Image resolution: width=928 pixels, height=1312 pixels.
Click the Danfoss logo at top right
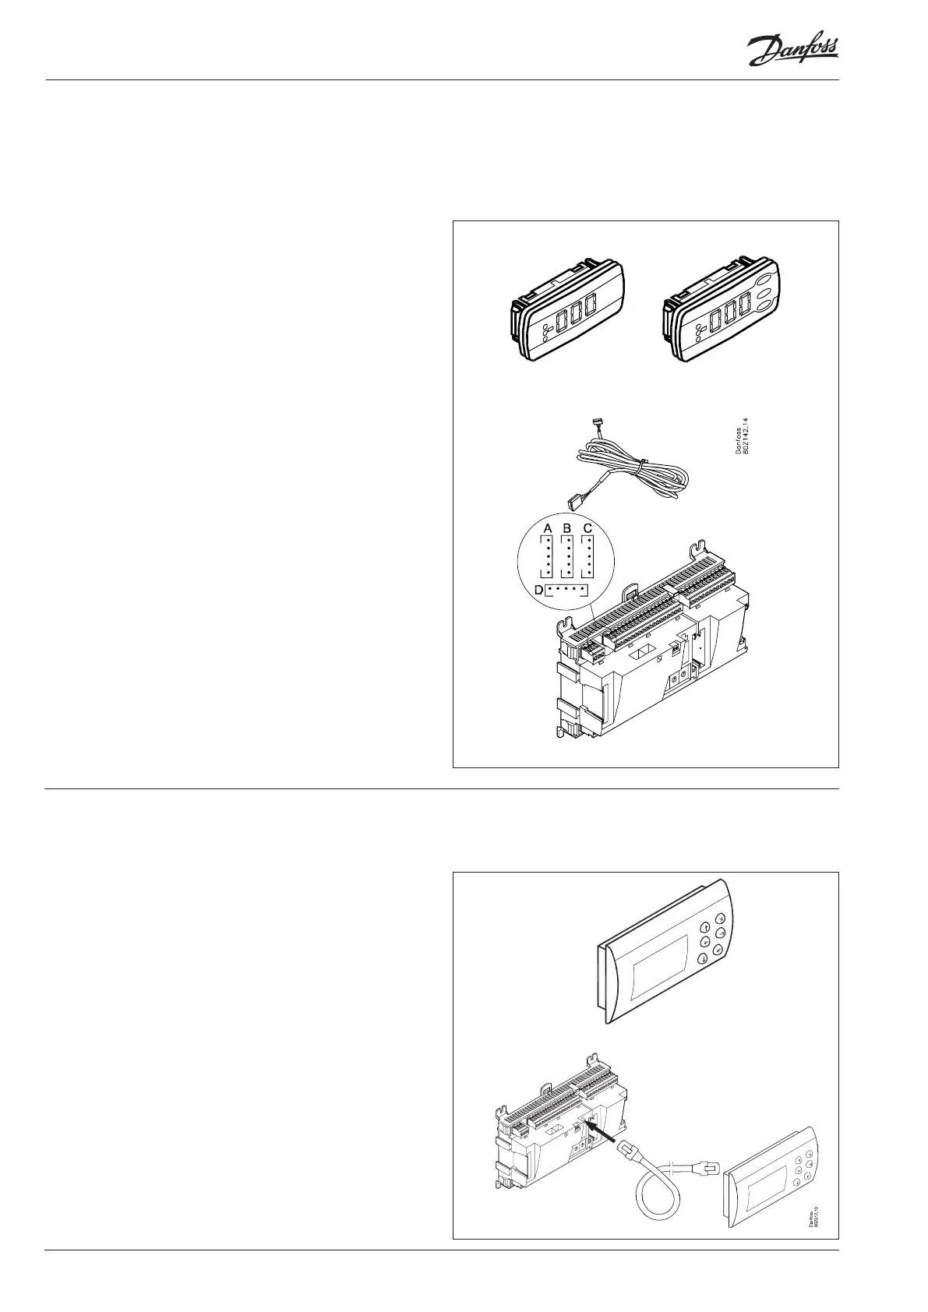tap(792, 51)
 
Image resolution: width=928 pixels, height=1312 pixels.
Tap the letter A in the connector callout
tap(548, 528)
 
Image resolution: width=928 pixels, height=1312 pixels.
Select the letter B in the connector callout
tap(568, 528)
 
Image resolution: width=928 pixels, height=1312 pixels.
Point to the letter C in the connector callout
tap(588, 528)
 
